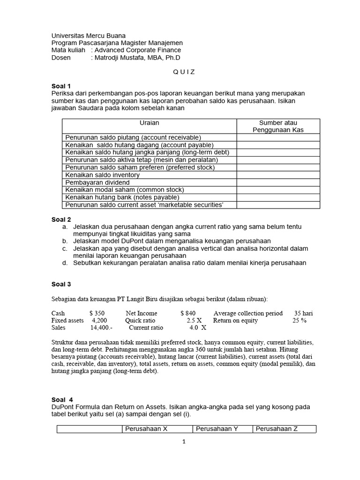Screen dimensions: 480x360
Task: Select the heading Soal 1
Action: point(61,86)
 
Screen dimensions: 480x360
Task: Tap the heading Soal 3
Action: point(61,284)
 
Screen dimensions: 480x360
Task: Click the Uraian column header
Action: point(149,123)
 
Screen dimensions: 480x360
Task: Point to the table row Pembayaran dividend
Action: point(97,182)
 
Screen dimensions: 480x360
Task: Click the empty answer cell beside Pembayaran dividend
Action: point(278,182)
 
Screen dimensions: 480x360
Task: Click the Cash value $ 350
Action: point(97,313)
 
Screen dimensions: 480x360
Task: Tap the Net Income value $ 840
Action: point(187,313)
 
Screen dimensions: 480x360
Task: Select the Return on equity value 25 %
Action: point(300,321)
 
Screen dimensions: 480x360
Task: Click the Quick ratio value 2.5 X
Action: point(194,321)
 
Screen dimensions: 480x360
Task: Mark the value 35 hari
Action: point(303,313)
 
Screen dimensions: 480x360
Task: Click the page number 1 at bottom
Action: point(184,441)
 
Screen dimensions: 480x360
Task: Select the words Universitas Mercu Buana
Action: point(89,36)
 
